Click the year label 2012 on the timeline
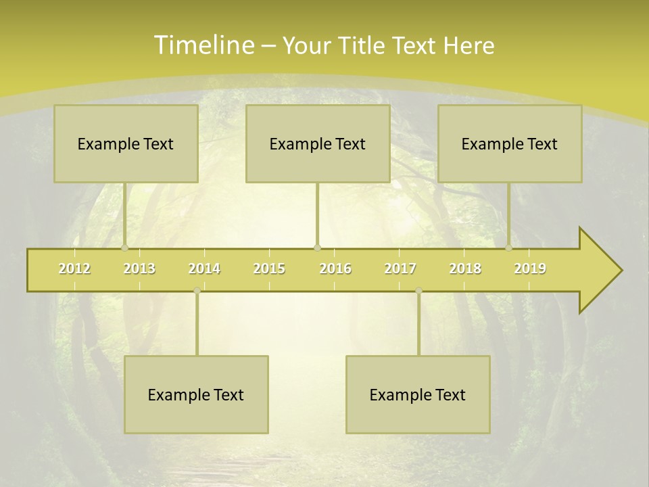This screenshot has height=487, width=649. pos(74,269)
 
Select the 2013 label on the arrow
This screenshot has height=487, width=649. pos(139,269)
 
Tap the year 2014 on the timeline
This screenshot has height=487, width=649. pos(204,269)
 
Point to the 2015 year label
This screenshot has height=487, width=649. pos(269,269)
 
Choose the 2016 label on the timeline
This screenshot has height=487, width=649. pos(335,269)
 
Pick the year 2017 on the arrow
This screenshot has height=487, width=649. pos(400,269)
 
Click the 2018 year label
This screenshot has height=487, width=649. pos(465,269)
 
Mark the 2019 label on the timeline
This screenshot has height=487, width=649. pos(530,269)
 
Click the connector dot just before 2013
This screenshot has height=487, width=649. pos(125,248)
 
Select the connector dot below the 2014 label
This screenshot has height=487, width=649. pos(197,290)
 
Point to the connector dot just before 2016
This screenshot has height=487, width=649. pos(318,248)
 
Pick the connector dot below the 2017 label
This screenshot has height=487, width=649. pos(418,290)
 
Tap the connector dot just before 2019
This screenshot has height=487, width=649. pos(509,248)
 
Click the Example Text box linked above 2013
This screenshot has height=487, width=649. pos(126,143)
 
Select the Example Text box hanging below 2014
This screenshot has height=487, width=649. pos(196,394)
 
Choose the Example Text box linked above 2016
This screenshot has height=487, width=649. pos(318,143)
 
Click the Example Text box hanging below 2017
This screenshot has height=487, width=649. pos(418,394)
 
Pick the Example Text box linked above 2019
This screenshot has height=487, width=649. pos(510,143)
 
